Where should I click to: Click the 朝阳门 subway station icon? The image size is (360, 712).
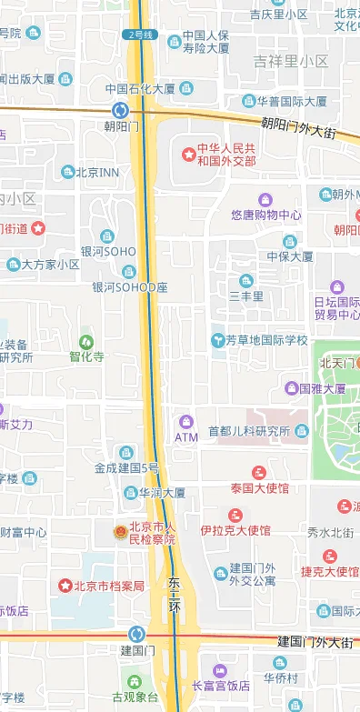(121, 110)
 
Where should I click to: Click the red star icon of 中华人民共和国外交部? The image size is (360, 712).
(189, 155)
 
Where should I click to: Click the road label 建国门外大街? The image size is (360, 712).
(315, 642)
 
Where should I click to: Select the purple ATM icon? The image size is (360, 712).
(186, 422)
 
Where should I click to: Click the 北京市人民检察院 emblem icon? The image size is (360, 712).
(119, 532)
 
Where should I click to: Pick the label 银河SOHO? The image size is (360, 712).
(108, 252)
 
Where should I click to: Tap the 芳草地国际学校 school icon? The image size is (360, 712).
(217, 340)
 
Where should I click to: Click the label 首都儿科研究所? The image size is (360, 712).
(245, 431)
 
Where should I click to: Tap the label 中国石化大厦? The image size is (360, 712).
(139, 89)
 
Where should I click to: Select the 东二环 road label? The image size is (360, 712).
(175, 592)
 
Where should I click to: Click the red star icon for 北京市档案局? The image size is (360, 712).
(65, 586)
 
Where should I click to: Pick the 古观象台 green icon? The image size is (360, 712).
(135, 680)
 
